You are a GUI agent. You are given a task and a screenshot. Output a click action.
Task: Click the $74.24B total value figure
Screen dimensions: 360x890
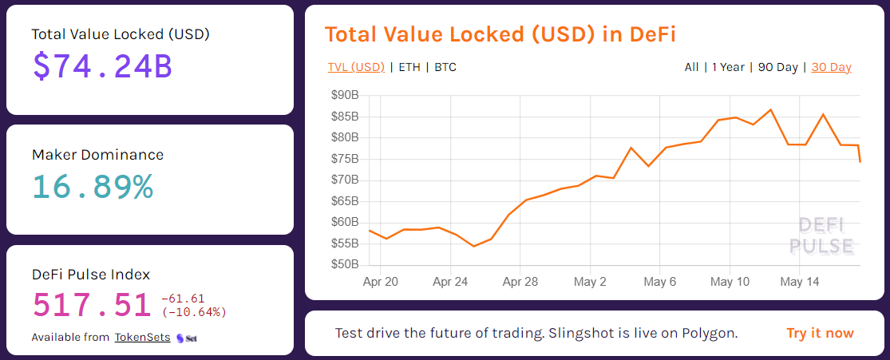pos(102,65)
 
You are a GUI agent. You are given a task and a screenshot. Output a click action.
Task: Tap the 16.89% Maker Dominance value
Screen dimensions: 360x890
pos(93,186)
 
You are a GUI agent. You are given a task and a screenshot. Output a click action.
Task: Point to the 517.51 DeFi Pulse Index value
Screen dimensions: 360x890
pos(92,305)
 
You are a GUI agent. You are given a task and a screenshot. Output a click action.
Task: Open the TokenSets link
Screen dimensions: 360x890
pos(142,338)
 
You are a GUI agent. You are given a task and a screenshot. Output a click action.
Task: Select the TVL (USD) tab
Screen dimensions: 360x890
pos(356,67)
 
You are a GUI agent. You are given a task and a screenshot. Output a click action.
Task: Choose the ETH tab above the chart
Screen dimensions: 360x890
pos(409,67)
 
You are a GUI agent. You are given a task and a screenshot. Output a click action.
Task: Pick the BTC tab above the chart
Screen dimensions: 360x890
pos(445,67)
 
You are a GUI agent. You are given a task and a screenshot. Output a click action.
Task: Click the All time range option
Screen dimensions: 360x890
pos(691,67)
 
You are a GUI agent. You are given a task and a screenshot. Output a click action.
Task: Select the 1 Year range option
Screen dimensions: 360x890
pos(728,67)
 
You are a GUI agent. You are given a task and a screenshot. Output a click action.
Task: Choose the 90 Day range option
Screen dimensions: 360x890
pos(777,67)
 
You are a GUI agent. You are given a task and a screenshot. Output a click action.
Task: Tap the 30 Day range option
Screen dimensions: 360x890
pos(831,67)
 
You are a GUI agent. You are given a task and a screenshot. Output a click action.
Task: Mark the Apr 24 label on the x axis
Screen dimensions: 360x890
pos(450,282)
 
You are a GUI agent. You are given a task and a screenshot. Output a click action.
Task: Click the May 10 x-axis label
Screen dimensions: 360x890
pos(730,282)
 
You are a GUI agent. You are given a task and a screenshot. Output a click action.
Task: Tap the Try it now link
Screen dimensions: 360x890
pos(820,333)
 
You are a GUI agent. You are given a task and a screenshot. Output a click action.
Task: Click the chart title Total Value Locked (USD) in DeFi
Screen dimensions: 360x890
pos(501,34)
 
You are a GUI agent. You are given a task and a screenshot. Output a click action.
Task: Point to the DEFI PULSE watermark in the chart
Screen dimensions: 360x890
pos(821,235)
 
